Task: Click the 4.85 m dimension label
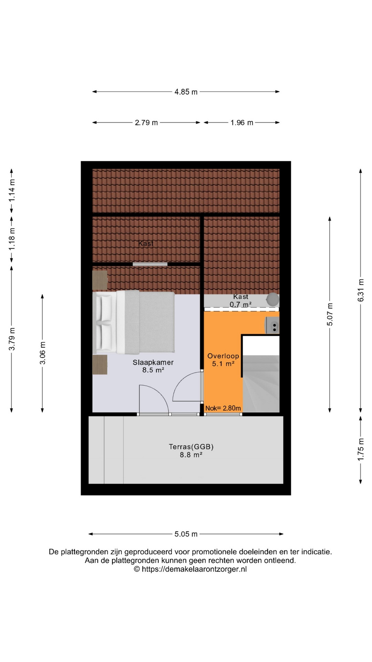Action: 186,92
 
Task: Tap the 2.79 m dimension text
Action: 146,122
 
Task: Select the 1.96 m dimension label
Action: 242,122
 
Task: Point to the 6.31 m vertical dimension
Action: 361,290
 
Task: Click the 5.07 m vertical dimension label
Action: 330,314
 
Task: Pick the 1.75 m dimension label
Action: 361,450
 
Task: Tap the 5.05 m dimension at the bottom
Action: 186,534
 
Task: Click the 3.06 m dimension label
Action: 42,353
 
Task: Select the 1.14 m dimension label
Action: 12,190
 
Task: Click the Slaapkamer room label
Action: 153,362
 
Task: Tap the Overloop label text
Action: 223,356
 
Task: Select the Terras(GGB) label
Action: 191,447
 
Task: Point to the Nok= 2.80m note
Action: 223,408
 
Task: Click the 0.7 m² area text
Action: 240,304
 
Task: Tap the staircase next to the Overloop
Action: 261,374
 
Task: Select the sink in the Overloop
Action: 272,325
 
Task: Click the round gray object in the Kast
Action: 273,299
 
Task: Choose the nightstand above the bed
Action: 100,280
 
